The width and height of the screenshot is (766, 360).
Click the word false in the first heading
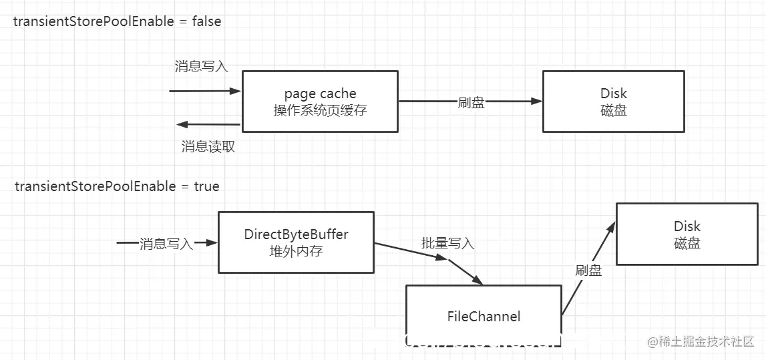206,21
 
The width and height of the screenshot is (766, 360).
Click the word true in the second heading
206,186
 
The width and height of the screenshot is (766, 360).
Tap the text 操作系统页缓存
320,110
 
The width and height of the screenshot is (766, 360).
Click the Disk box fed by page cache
613,101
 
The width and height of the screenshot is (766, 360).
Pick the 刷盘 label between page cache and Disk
471,102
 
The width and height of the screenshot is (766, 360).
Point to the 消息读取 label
208,146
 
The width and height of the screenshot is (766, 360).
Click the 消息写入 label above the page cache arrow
201,66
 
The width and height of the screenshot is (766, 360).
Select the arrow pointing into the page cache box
204,90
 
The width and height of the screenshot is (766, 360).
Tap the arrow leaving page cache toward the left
207,124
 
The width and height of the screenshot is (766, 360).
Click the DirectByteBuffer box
296,242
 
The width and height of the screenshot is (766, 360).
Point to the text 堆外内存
296,251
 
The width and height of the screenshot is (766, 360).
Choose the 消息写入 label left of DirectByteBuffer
166,244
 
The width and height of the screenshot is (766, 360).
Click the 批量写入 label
447,243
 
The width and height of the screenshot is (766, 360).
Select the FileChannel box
484,316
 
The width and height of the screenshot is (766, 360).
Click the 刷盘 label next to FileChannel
588,270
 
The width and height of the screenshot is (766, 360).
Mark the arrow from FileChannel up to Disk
588,268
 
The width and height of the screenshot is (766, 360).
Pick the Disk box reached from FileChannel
687,234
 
